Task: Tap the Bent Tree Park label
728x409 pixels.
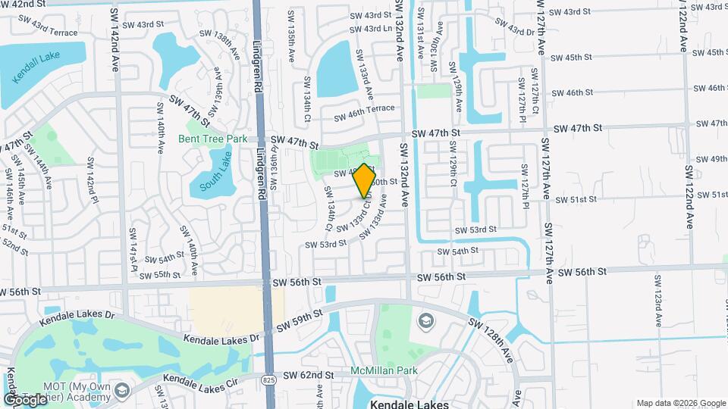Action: [213, 139]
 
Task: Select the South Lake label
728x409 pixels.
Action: [214, 180]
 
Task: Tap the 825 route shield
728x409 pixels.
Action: [271, 377]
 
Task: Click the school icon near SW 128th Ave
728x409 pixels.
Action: [425, 321]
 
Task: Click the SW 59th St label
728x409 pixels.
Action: [300, 320]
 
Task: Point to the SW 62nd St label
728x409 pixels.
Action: [309, 375]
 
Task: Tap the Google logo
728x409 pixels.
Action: [25, 399]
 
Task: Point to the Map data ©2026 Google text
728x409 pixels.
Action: [680, 403]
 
